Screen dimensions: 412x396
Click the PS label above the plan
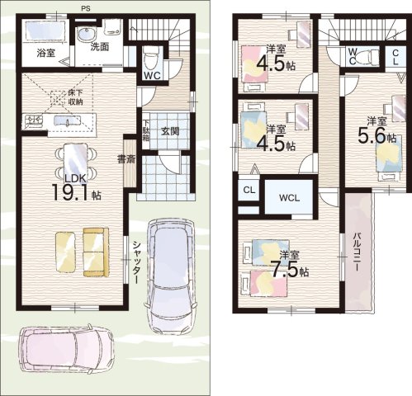[x=86, y=9]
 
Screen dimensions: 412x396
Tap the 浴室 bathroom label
[x=45, y=53]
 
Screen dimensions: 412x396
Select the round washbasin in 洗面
[x=86, y=35]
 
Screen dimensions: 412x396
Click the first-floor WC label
[x=152, y=76]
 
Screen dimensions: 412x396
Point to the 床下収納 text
[x=75, y=97]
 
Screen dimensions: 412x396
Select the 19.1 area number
[x=71, y=192]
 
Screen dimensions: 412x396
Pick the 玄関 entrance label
[x=170, y=131]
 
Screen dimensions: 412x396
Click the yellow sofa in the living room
[x=96, y=252]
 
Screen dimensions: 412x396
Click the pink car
[x=66, y=348]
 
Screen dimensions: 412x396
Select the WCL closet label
[x=289, y=198]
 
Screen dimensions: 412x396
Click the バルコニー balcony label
[x=358, y=252]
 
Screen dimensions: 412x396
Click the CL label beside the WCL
[x=249, y=190]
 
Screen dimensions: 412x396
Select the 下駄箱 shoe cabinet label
[x=145, y=131]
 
